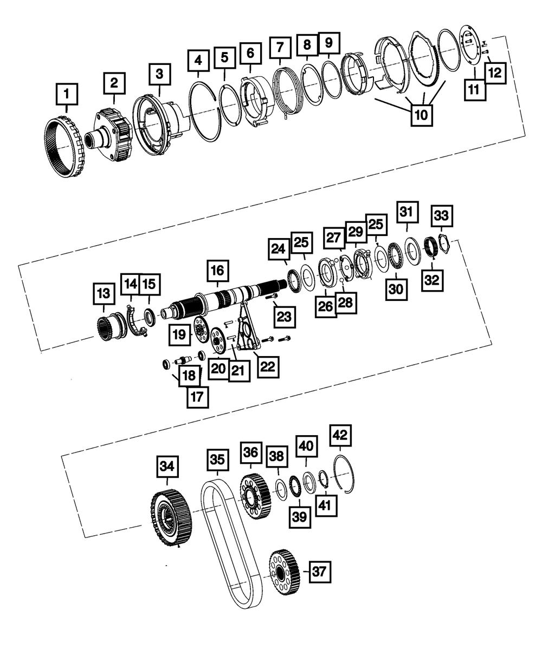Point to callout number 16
pyautogui.click(x=217, y=269)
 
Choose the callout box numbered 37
pyautogui.click(x=320, y=571)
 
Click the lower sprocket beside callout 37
pyautogui.click(x=283, y=573)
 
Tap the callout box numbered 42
pyautogui.click(x=340, y=434)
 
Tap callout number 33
pyautogui.click(x=441, y=216)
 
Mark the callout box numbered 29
pyautogui.click(x=356, y=232)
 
